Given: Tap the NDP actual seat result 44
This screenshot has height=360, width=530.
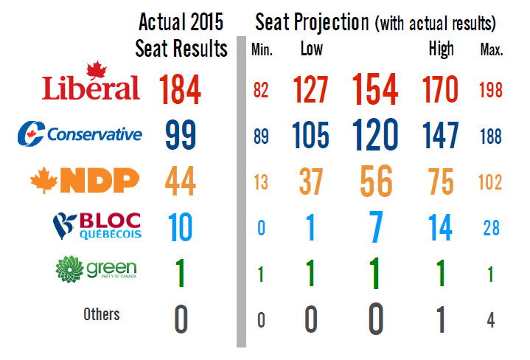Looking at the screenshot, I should point(180,181).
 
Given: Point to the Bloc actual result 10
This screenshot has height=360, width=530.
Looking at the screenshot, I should point(180,227).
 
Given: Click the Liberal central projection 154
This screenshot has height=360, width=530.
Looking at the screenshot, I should point(375,90).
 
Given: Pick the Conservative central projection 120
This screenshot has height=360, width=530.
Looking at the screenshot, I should point(375,136).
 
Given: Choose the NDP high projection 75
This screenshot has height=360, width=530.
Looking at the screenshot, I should point(441,181).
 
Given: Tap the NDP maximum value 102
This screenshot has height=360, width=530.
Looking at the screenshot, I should point(490,182).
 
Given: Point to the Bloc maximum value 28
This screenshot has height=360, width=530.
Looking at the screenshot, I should point(490,228).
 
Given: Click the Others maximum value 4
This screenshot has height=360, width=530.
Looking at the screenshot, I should point(490,320).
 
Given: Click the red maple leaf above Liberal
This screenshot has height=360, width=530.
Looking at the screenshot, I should point(94,71).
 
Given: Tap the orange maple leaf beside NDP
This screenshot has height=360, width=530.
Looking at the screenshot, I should point(43,180).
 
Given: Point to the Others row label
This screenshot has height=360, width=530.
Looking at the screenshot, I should point(102,314).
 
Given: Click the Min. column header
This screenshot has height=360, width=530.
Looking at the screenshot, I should point(262,51).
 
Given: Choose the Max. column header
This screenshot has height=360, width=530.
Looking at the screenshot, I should point(491,51).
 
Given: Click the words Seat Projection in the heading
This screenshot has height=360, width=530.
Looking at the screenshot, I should point(312,22).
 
